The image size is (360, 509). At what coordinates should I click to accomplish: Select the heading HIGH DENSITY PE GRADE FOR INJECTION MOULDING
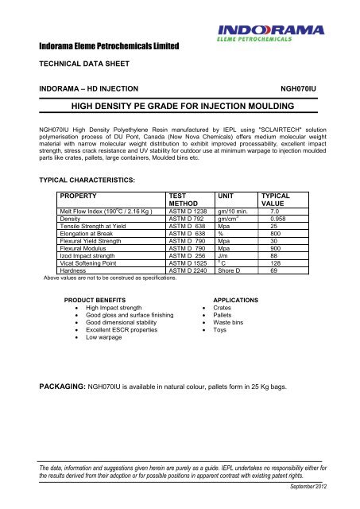(x=179, y=105)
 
